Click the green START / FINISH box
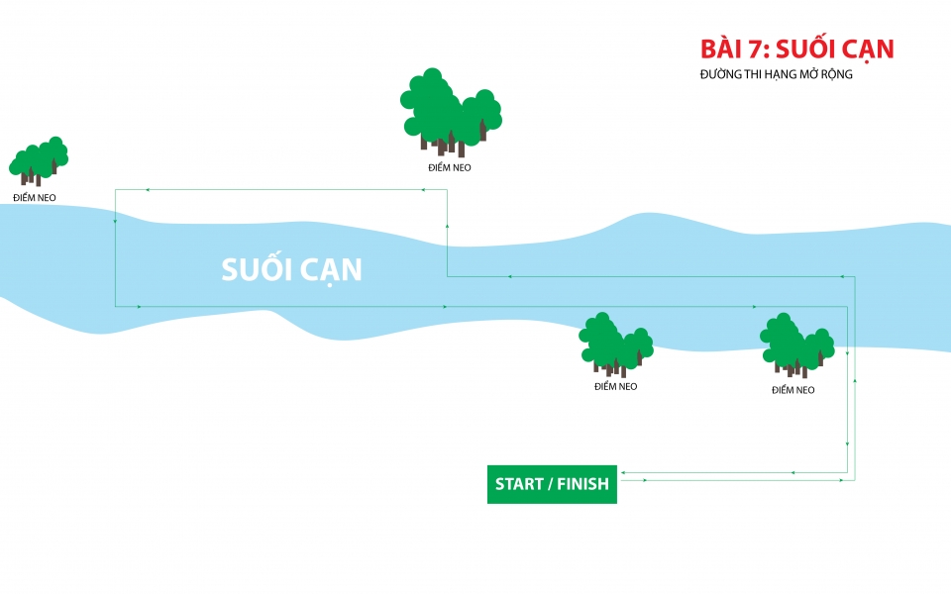(552, 484)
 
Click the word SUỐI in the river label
(255, 269)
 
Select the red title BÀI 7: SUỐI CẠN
(796, 49)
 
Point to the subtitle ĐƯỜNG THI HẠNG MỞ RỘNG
(776, 74)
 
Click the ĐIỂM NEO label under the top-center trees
(450, 167)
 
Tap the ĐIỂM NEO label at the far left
(35, 198)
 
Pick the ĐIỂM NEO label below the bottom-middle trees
(615, 386)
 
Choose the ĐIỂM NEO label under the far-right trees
(792, 390)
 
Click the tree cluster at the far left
(39, 159)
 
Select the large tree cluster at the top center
(450, 112)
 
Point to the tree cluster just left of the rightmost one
(615, 344)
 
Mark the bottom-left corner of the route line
(116, 307)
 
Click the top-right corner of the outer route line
(855, 277)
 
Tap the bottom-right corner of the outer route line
(855, 480)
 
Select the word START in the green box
(519, 484)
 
